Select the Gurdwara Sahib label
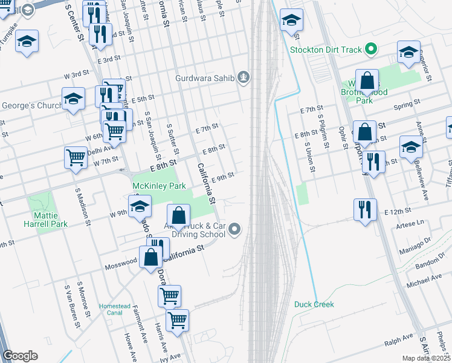point(205,77)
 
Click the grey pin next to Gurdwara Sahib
point(244,77)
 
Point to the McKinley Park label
point(159,186)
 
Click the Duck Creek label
point(314,304)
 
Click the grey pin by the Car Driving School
point(236,229)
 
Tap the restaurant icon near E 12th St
point(365,210)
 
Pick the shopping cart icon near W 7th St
point(76,157)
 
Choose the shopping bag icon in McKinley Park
point(179,215)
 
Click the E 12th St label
point(397,212)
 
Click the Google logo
point(21,356)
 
